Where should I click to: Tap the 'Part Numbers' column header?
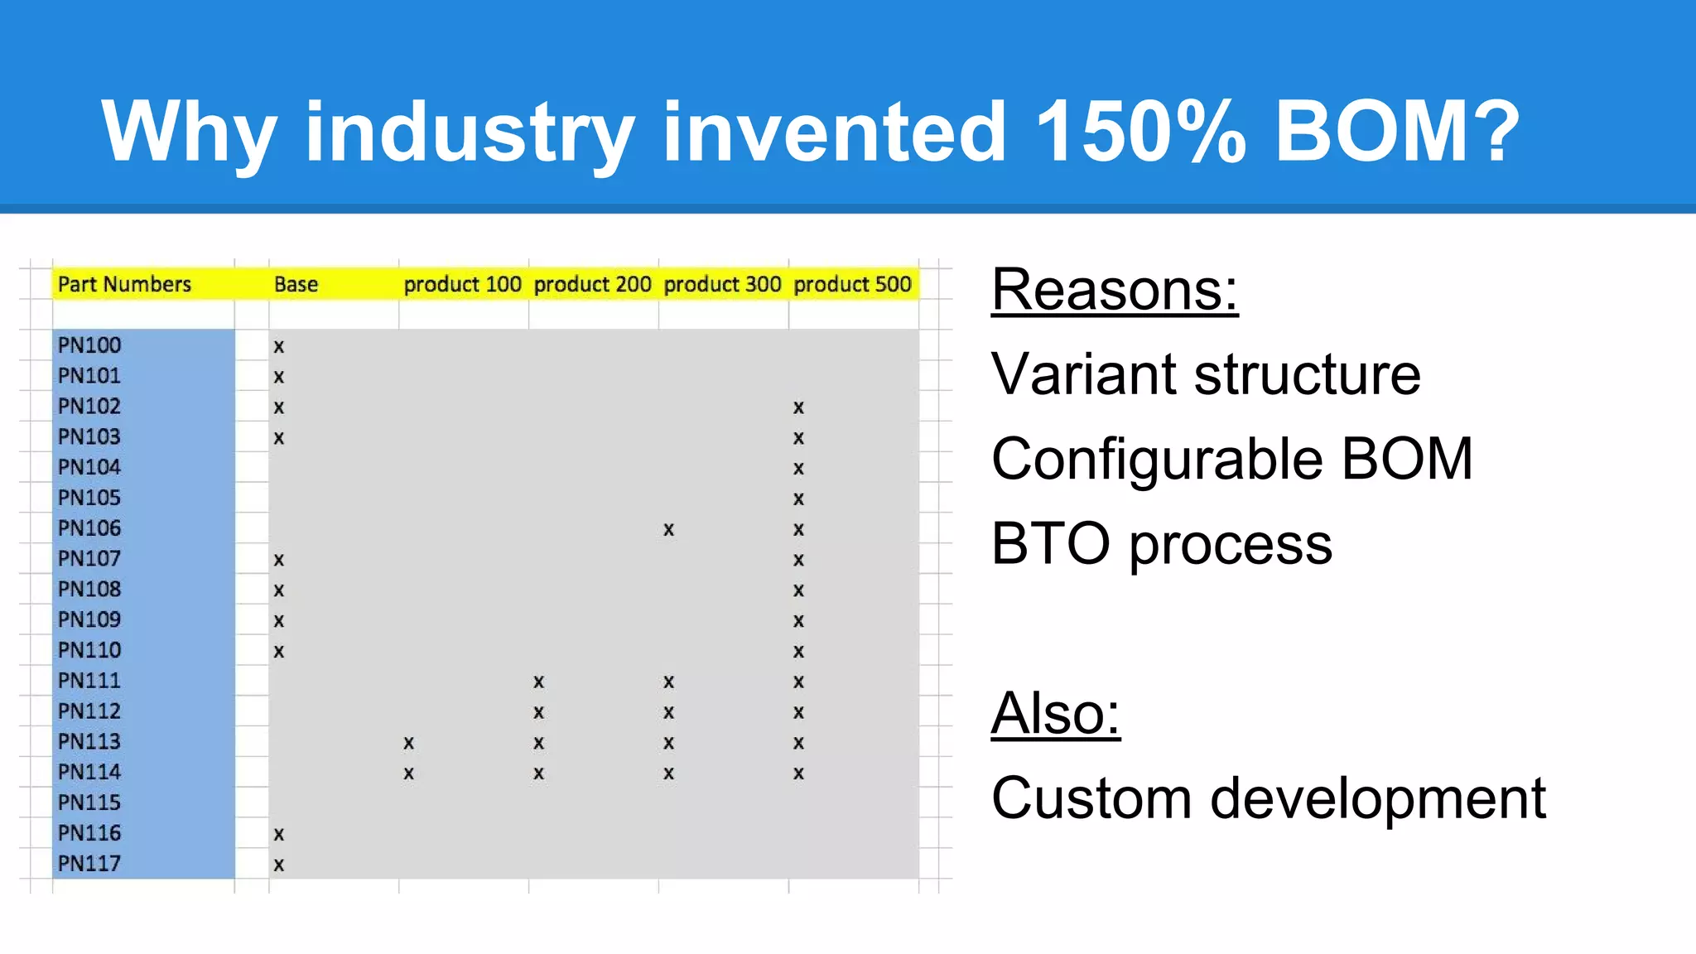pos(124,284)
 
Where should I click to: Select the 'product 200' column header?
pos(592,284)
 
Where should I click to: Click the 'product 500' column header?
pos(852,284)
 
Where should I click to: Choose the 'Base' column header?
pos(296,284)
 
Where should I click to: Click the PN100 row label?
pos(89,345)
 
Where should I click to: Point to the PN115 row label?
pos(89,802)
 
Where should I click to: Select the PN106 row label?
pos(89,528)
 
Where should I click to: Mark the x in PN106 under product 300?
pos(668,530)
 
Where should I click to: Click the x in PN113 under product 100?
pos(408,744)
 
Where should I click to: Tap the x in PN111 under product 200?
pos(538,682)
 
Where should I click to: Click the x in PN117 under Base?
pos(279,865)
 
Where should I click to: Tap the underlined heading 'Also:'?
pos(1056,713)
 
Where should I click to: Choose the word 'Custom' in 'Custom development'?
pos(1091,798)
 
